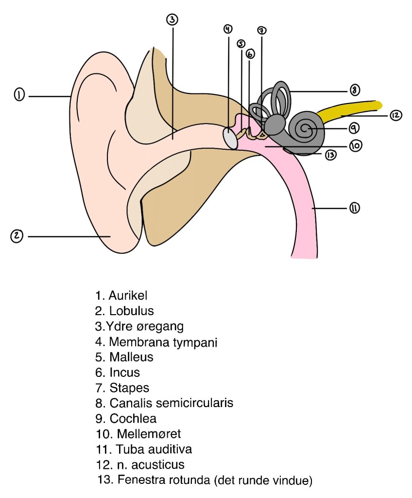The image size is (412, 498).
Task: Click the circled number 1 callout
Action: [x=19, y=95]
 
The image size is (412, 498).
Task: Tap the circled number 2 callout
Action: [x=17, y=236]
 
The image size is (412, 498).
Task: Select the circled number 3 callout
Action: [x=172, y=19]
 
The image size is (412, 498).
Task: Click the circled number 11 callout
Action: [x=354, y=208]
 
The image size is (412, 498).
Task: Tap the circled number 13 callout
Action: [x=331, y=155]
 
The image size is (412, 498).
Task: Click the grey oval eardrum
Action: [x=231, y=137]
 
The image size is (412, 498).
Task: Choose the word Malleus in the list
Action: [x=131, y=357]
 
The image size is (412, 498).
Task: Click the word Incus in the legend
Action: [x=125, y=373]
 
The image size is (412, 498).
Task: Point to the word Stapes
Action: [x=129, y=388]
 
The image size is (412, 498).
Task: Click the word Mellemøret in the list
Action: [x=139, y=433]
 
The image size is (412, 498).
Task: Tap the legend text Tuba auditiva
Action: [x=148, y=449]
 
